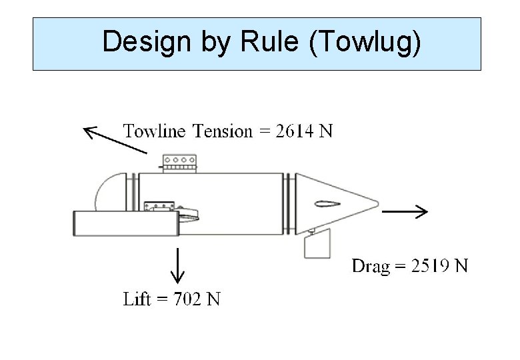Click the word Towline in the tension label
(x=155, y=131)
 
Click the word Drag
(x=370, y=267)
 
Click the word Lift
(x=137, y=299)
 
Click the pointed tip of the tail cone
(x=377, y=203)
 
